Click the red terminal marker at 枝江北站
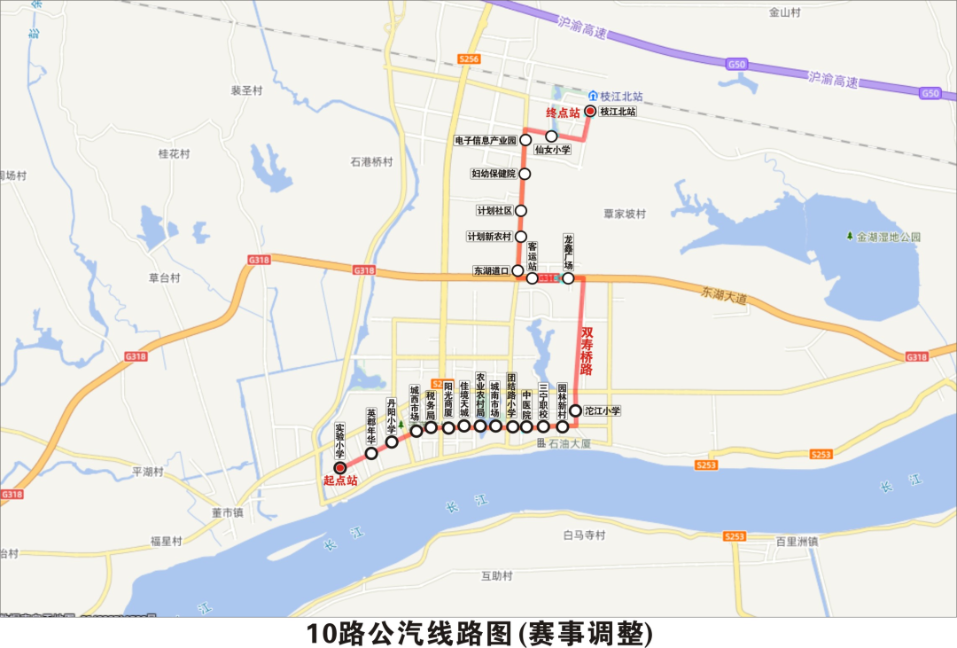(x=590, y=112)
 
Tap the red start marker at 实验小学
(x=339, y=467)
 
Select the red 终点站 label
(x=563, y=113)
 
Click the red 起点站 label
(x=340, y=481)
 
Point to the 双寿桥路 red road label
(x=587, y=350)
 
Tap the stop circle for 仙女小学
(x=551, y=137)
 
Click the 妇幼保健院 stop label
(x=494, y=174)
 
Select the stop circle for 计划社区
(x=521, y=211)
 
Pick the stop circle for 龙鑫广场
(x=568, y=278)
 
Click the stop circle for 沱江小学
(x=575, y=411)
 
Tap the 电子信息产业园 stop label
(x=485, y=140)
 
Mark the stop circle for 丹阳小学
(x=391, y=441)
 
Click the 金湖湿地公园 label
(x=889, y=237)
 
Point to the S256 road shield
(x=469, y=59)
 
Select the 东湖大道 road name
(x=724, y=295)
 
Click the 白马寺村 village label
(x=583, y=535)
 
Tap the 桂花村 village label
(x=174, y=154)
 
